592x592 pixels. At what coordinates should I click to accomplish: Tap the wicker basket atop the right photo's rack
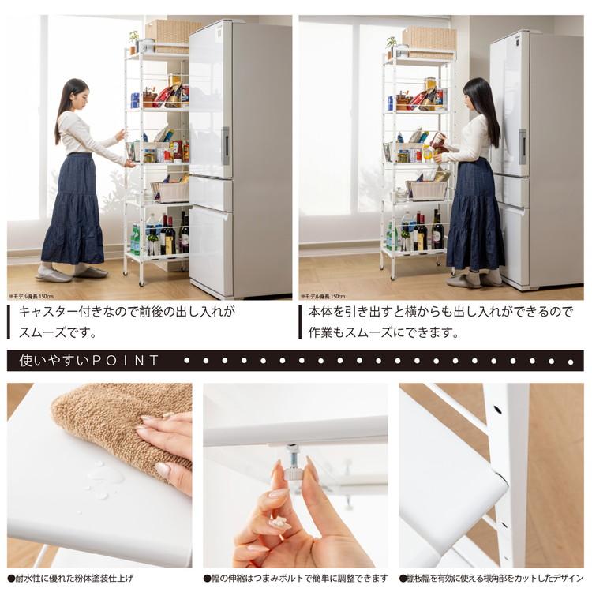429,38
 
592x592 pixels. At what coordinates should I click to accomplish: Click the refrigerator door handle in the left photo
226,145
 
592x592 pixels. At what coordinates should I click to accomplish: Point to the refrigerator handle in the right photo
523,147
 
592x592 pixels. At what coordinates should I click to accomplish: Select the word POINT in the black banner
126,361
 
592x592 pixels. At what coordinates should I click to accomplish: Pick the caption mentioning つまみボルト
296,578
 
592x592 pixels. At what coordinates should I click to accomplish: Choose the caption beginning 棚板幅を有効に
491,578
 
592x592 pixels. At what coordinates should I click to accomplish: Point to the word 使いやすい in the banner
51,361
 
